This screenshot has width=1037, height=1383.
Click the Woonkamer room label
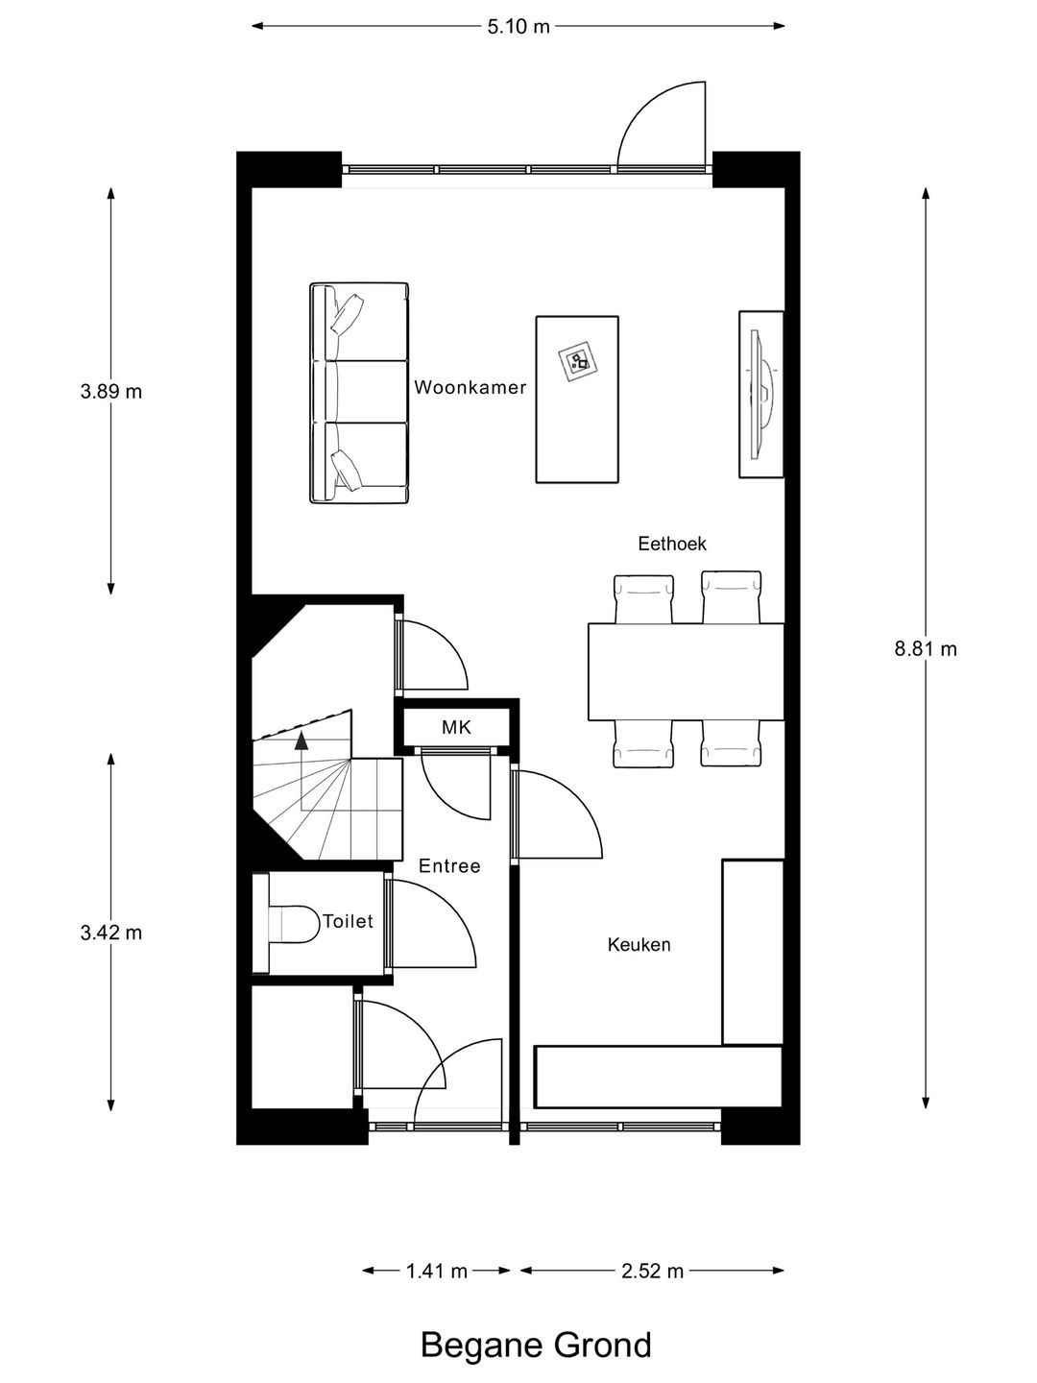tap(470, 387)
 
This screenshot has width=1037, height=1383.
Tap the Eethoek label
tap(672, 544)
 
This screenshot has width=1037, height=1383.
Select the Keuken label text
tap(639, 944)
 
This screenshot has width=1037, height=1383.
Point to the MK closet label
tap(456, 728)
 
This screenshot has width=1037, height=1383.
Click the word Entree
tap(449, 866)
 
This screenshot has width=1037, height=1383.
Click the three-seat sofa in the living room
tap(359, 393)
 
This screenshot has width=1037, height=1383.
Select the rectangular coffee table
tap(577, 400)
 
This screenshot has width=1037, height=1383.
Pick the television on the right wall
tap(761, 395)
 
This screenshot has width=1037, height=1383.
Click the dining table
tap(687, 671)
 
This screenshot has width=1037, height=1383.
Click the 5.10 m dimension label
tap(518, 27)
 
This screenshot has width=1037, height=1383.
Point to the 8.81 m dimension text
tap(926, 649)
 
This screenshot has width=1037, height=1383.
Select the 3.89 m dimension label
tap(110, 392)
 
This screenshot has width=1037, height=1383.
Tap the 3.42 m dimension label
tap(110, 933)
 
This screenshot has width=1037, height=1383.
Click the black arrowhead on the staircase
tap(302, 740)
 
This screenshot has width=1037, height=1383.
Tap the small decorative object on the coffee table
tap(577, 361)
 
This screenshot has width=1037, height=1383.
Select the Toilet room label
tap(348, 921)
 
